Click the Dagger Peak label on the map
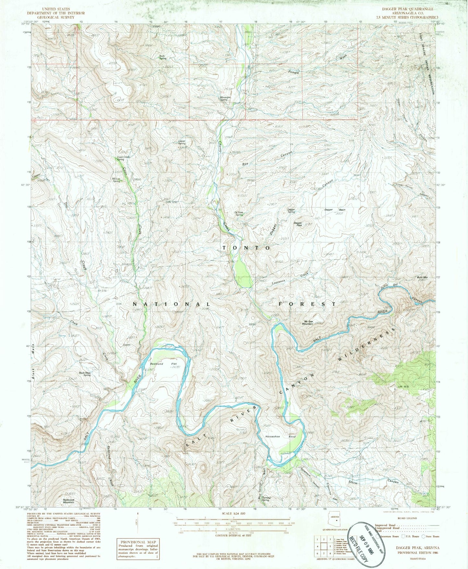(298, 224)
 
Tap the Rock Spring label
(163, 57)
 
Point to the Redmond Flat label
(165, 364)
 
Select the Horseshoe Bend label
(280, 436)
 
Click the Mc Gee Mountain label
(308, 323)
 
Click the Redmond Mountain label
(68, 501)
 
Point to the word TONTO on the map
(246, 248)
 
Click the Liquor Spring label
(182, 142)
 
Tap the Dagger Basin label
(335, 210)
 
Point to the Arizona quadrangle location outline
(335, 521)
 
